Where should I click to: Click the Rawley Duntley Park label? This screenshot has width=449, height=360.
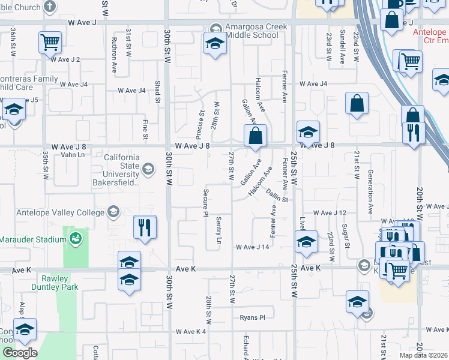(60, 283)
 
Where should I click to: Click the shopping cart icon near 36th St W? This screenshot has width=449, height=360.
(50, 42)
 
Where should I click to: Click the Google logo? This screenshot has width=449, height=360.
(20, 353)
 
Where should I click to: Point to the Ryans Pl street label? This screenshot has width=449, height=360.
(252, 317)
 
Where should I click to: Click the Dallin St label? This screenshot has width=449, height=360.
(278, 195)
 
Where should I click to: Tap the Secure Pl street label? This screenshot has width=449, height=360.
(205, 204)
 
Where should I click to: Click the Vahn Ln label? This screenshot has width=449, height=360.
(73, 155)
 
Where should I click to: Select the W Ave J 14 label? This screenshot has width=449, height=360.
(252, 247)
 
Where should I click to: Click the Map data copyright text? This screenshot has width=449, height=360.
(424, 355)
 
